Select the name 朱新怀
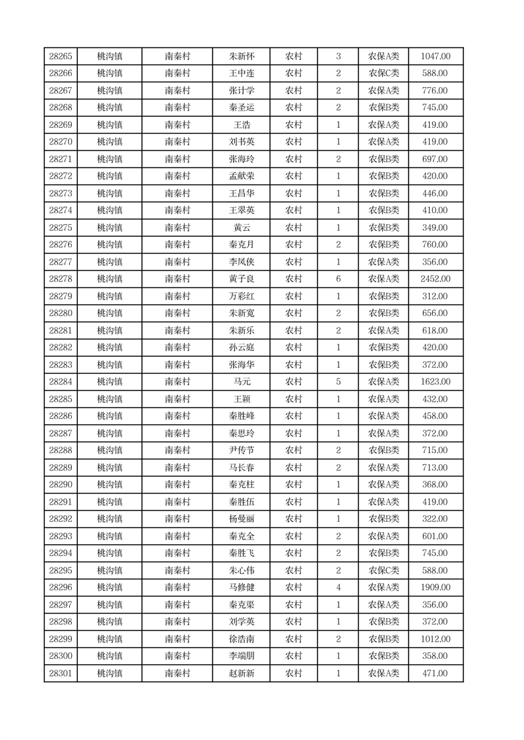point(242,57)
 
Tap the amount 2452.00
point(436,279)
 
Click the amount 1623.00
point(436,382)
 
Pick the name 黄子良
point(242,279)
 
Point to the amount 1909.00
point(436,588)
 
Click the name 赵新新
point(242,673)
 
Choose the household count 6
point(339,279)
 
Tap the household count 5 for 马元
point(339,382)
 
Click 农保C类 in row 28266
point(383,74)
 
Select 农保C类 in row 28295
point(383,570)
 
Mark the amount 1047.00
point(436,57)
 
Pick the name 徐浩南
point(242,639)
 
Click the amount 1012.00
point(436,639)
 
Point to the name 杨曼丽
point(242,519)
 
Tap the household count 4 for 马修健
point(339,588)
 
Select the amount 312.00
point(436,296)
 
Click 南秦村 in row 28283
point(178,365)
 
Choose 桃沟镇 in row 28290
point(110,485)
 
